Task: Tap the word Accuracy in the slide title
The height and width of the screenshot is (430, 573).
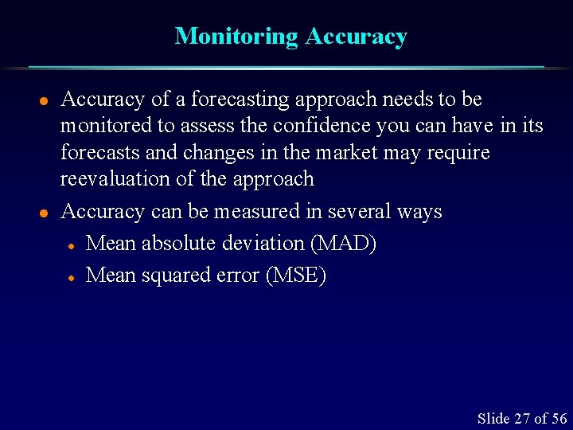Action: pyautogui.click(x=356, y=36)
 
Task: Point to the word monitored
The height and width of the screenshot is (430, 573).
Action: pyautogui.click(x=103, y=126)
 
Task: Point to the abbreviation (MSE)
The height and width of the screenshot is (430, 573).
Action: pyautogui.click(x=296, y=276)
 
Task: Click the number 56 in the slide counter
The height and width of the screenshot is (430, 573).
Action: pyautogui.click(x=559, y=418)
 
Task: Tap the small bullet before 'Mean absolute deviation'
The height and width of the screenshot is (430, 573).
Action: pyautogui.click(x=71, y=245)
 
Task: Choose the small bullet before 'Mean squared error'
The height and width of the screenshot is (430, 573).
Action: pyautogui.click(x=71, y=278)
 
